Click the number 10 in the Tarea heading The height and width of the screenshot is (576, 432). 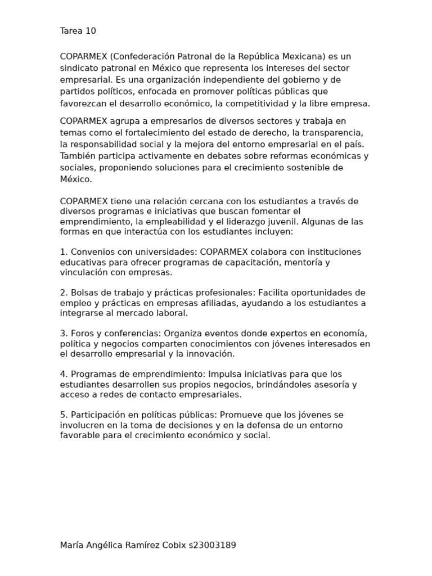[x=91, y=31]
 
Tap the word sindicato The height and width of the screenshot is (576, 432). [x=79, y=68]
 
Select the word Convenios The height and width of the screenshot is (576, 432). [x=90, y=252]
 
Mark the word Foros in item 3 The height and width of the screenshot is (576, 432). [x=83, y=333]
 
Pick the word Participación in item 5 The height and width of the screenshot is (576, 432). [x=98, y=415]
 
